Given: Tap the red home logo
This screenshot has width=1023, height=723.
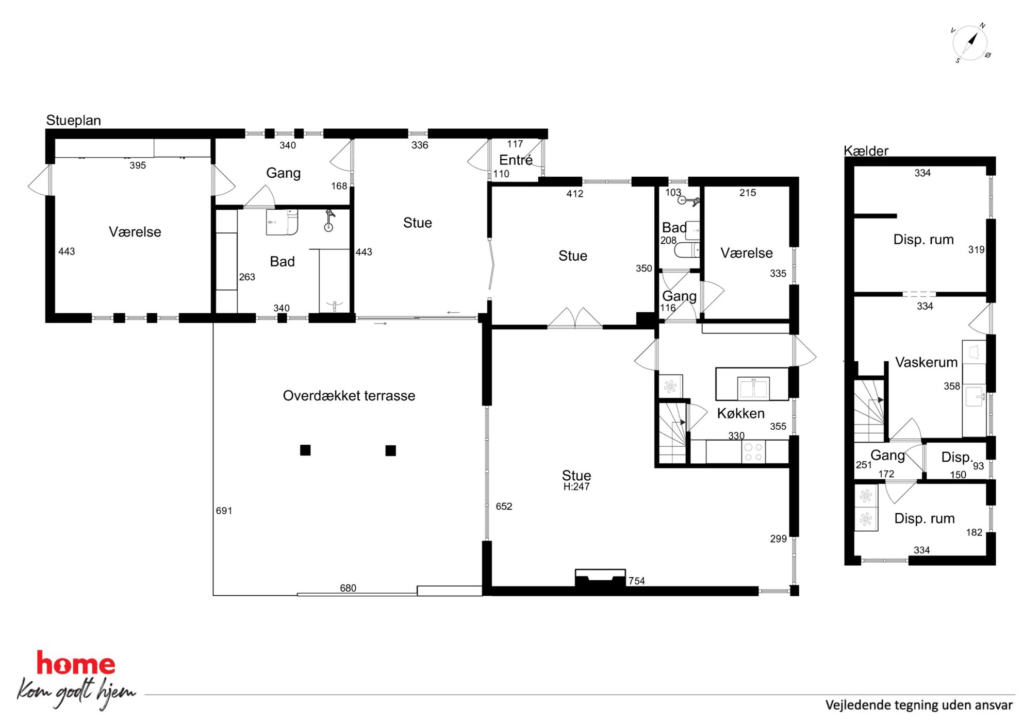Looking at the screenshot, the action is (x=76, y=664).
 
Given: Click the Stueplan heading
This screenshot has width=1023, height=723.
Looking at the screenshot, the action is (x=73, y=120).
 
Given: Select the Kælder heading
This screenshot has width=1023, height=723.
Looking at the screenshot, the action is (x=866, y=150).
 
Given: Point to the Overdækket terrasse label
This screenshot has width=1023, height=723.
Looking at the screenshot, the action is (x=349, y=395).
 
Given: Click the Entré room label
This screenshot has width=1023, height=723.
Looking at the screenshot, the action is (x=516, y=160).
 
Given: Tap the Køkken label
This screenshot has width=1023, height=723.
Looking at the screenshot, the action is (x=740, y=413).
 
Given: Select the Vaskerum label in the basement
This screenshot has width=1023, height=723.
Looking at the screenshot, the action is (x=926, y=362).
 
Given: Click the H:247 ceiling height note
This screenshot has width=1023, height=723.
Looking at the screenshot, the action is (x=576, y=486).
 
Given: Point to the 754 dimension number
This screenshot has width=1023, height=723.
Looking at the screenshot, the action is (x=637, y=581).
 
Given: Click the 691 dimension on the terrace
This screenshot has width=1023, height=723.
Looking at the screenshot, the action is (x=224, y=511).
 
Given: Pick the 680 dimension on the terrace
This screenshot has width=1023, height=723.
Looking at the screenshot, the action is (x=348, y=588).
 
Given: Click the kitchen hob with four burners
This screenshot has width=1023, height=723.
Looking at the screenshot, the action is (x=753, y=452).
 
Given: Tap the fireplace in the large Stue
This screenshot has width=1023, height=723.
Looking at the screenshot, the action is (x=600, y=578).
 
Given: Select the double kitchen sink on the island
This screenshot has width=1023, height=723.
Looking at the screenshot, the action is (x=753, y=389).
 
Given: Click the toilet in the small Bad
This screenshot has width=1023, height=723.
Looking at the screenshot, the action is (x=687, y=250).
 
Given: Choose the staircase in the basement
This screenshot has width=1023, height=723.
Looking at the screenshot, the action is (x=869, y=410).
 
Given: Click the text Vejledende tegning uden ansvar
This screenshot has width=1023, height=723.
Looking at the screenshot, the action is (x=919, y=705).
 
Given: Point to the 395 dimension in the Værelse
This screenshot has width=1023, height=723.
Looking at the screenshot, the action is (x=138, y=165).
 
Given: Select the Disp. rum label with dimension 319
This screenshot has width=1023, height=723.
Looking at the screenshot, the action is (x=923, y=240).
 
